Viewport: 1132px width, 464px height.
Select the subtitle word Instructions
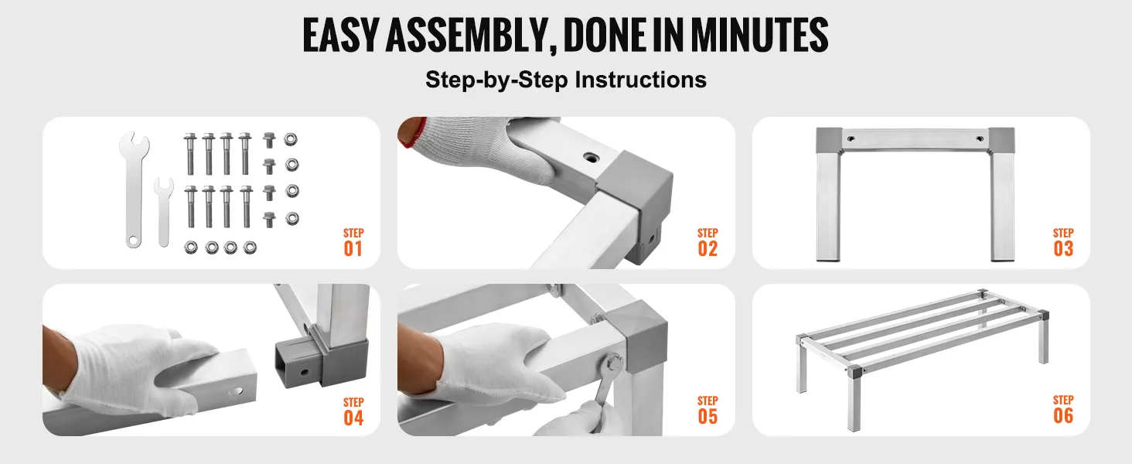point(641,80)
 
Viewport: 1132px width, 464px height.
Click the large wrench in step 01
point(134,189)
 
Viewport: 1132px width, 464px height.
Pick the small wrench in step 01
point(163,212)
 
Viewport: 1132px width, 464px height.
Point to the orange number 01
point(353,249)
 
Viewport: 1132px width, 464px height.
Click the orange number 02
point(707,249)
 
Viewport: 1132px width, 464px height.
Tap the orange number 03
point(1063,249)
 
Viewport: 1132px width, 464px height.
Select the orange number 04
point(353,418)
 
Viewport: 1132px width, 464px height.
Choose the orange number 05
point(707,417)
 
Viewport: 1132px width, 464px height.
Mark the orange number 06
point(1063,415)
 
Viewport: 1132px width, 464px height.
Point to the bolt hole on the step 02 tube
point(588,158)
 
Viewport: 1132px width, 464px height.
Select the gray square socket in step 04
point(321,359)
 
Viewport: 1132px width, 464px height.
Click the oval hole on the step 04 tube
point(235,392)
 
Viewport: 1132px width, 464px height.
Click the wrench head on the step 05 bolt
point(614,364)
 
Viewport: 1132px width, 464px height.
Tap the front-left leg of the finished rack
point(854,399)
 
